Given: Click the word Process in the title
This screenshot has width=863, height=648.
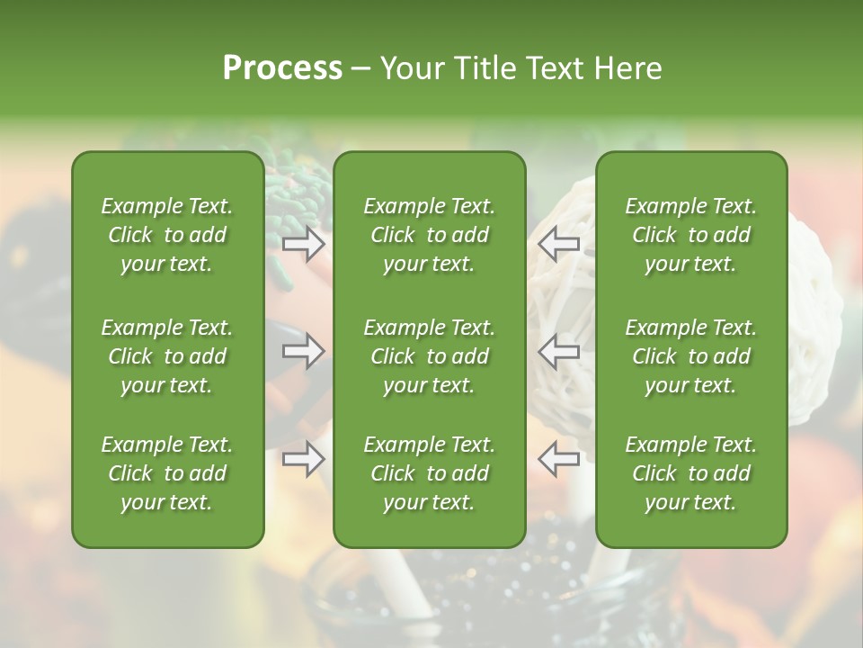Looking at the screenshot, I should [282, 68].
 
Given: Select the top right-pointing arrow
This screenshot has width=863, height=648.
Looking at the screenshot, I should [304, 243].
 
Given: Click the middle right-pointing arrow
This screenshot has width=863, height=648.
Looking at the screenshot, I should [304, 351].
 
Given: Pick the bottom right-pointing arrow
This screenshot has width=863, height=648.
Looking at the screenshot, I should [304, 459].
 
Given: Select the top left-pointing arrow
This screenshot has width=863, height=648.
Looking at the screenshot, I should [559, 243].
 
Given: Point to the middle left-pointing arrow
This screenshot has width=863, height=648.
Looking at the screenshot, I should [559, 351].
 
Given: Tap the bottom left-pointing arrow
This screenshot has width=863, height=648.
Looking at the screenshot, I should [559, 459].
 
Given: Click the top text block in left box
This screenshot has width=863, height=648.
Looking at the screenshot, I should [167, 235].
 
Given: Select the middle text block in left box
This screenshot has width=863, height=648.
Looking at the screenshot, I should [167, 356].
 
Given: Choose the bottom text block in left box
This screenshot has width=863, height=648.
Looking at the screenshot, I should [167, 473].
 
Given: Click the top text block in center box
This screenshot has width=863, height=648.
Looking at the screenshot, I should [430, 235].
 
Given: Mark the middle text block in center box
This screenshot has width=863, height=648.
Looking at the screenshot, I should [430, 356].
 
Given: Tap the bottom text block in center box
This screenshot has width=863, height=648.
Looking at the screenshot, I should [430, 473].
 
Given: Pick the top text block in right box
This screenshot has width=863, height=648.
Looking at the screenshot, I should [691, 235].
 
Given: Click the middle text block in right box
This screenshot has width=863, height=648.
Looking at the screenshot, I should [691, 356].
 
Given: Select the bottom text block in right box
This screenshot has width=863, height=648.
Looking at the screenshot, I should [691, 473].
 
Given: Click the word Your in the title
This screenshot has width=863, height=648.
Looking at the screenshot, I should [409, 68].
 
